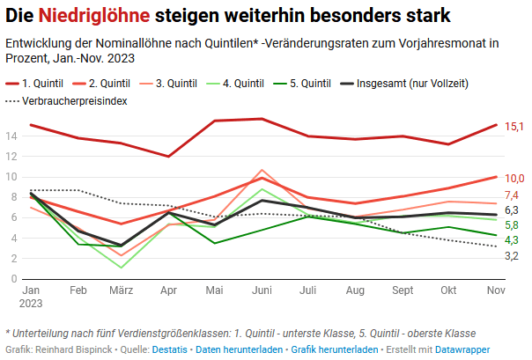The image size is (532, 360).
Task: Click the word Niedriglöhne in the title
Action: click(99, 16)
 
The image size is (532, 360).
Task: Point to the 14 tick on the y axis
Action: click(11, 136)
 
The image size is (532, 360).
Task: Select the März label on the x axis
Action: click(122, 290)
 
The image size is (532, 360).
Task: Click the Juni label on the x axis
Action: click(262, 290)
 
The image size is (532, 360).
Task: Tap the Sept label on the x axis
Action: click(402, 290)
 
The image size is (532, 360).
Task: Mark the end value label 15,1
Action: click(514, 127)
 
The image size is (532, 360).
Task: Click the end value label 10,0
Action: click(514, 178)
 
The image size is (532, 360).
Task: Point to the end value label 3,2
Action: click(512, 255)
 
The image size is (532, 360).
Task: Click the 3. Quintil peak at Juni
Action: click(262, 170)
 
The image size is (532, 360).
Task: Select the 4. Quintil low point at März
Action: click(122, 267)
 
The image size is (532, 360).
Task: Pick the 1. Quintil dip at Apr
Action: click(168, 157)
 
